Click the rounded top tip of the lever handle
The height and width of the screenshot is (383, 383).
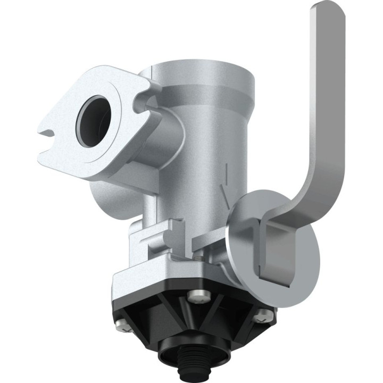click(x=326, y=12)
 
